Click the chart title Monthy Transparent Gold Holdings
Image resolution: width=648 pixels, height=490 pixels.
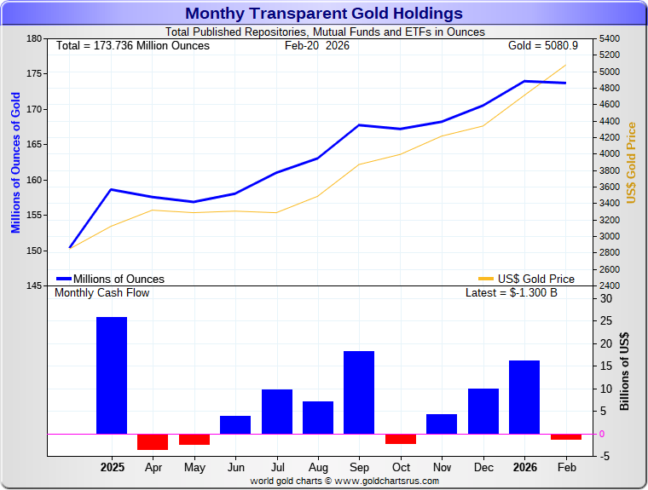point(324,14)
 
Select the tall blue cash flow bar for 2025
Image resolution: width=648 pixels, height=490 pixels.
point(112,375)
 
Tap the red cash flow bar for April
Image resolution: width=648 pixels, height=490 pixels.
point(153,441)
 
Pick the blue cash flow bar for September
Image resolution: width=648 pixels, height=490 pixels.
point(359,392)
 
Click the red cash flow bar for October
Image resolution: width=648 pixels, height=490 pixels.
point(401,439)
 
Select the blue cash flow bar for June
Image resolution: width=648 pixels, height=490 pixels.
point(235,424)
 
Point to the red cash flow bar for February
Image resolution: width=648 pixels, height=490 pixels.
point(565,436)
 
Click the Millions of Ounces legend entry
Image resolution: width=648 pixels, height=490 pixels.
point(110,279)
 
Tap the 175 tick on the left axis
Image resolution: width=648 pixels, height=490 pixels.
point(34,74)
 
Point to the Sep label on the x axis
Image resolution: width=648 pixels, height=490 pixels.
point(359,468)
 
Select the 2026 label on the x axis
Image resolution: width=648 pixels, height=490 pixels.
point(524,468)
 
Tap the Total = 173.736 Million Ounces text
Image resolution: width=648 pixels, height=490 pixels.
point(132,45)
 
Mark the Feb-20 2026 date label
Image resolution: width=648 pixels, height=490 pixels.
point(316,45)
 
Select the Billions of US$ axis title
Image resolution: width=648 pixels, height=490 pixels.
point(625,371)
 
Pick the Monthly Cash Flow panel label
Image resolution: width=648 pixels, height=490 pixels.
point(101,293)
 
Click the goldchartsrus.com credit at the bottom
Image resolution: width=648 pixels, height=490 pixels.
point(344,481)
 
